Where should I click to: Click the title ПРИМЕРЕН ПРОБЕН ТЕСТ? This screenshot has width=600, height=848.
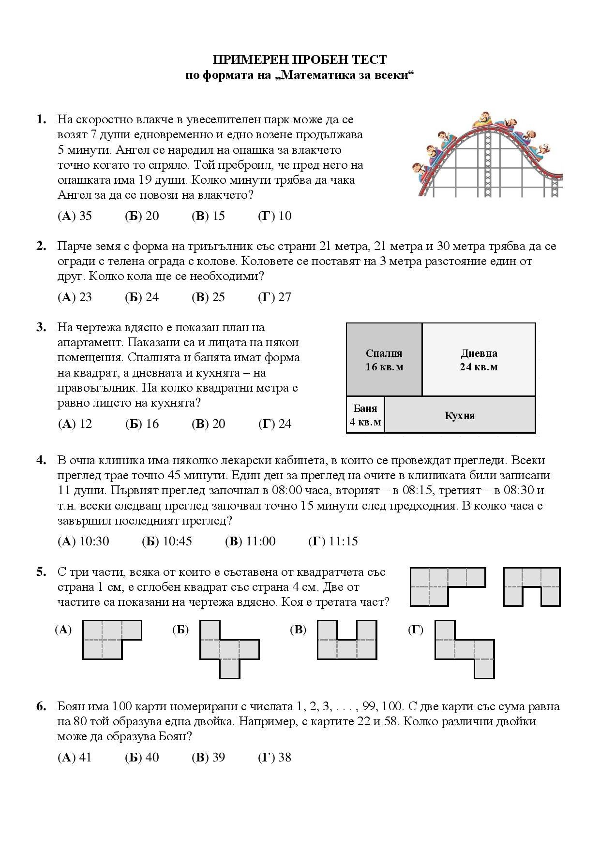click(x=300, y=60)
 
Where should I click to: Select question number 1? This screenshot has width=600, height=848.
click(x=41, y=119)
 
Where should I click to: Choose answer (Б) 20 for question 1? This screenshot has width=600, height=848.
click(x=142, y=216)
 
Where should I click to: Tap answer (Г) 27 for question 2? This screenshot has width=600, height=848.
click(x=274, y=297)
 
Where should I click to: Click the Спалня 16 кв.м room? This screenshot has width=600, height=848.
click(x=384, y=360)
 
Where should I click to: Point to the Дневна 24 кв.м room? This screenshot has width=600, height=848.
click(x=479, y=360)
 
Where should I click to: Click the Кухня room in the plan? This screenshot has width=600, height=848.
click(x=460, y=415)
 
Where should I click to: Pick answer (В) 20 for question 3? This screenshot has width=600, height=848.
click(x=208, y=424)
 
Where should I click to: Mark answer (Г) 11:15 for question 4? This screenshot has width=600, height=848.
click(x=333, y=541)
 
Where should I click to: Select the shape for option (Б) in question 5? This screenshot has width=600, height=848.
click(x=229, y=649)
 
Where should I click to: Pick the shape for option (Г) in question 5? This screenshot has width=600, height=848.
click(x=465, y=649)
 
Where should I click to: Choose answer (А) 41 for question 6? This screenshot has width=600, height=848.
click(x=75, y=757)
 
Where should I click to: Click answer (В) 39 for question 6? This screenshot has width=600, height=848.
click(x=208, y=757)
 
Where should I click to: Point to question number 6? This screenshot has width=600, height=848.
click(x=41, y=706)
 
